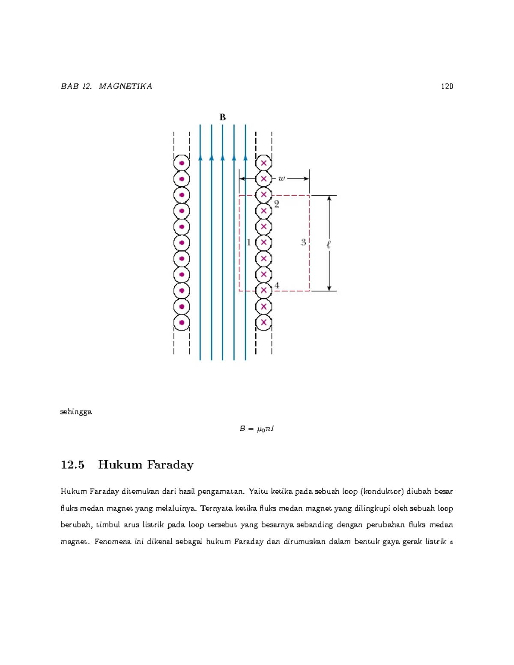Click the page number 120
coord(447,86)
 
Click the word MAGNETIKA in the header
coord(125,86)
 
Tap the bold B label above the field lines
coord(223,117)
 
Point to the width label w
coord(281,179)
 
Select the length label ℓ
coord(329,245)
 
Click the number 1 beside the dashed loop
coord(248,243)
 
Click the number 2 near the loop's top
coord(277,204)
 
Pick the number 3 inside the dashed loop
coord(303,242)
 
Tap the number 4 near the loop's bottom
coord(277,285)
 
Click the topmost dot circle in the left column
coord(182,163)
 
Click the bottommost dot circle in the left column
coord(182,322)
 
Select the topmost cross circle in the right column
coord(264,163)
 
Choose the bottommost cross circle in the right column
coord(264,322)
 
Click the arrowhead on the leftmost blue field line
coord(200,158)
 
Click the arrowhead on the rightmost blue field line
coord(245,158)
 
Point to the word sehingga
coord(76,412)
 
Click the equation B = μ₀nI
coord(257,429)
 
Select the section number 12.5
coord(72,465)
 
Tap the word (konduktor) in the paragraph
coord(382,491)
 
